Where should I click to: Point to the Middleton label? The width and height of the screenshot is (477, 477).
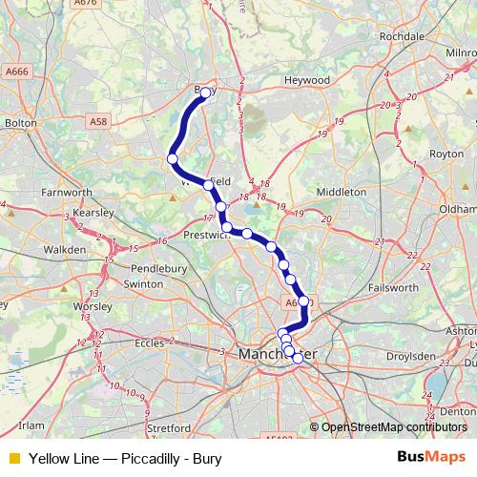[341, 192]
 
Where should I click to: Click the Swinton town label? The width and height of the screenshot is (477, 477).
[144, 283]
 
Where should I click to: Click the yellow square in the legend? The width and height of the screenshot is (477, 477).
[11, 458]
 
